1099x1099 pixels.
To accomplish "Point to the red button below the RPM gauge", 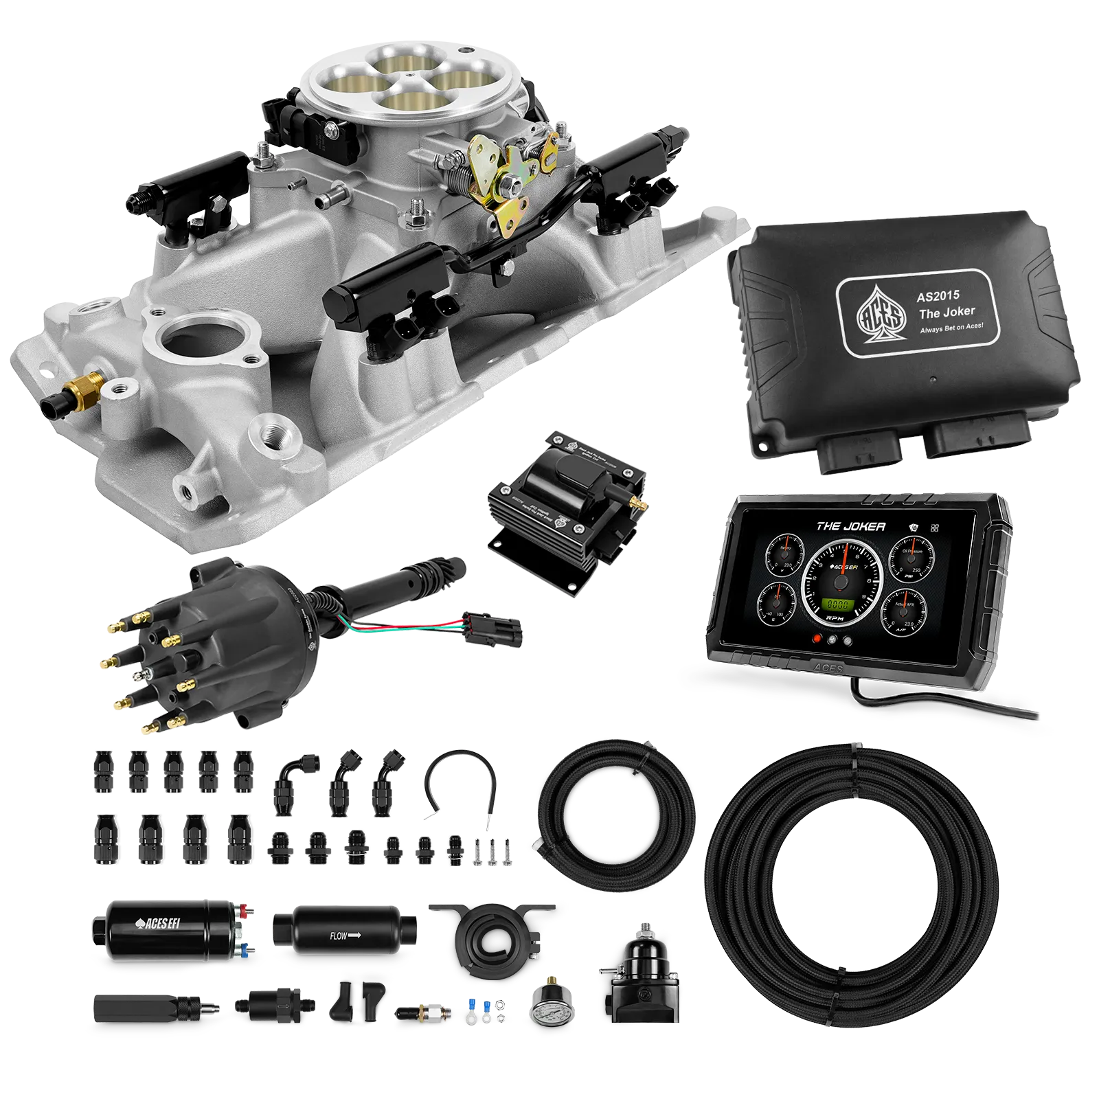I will point(817,639).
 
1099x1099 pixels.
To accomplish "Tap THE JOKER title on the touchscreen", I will point(850,526).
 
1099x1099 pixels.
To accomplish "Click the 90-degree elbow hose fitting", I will point(290,782).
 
